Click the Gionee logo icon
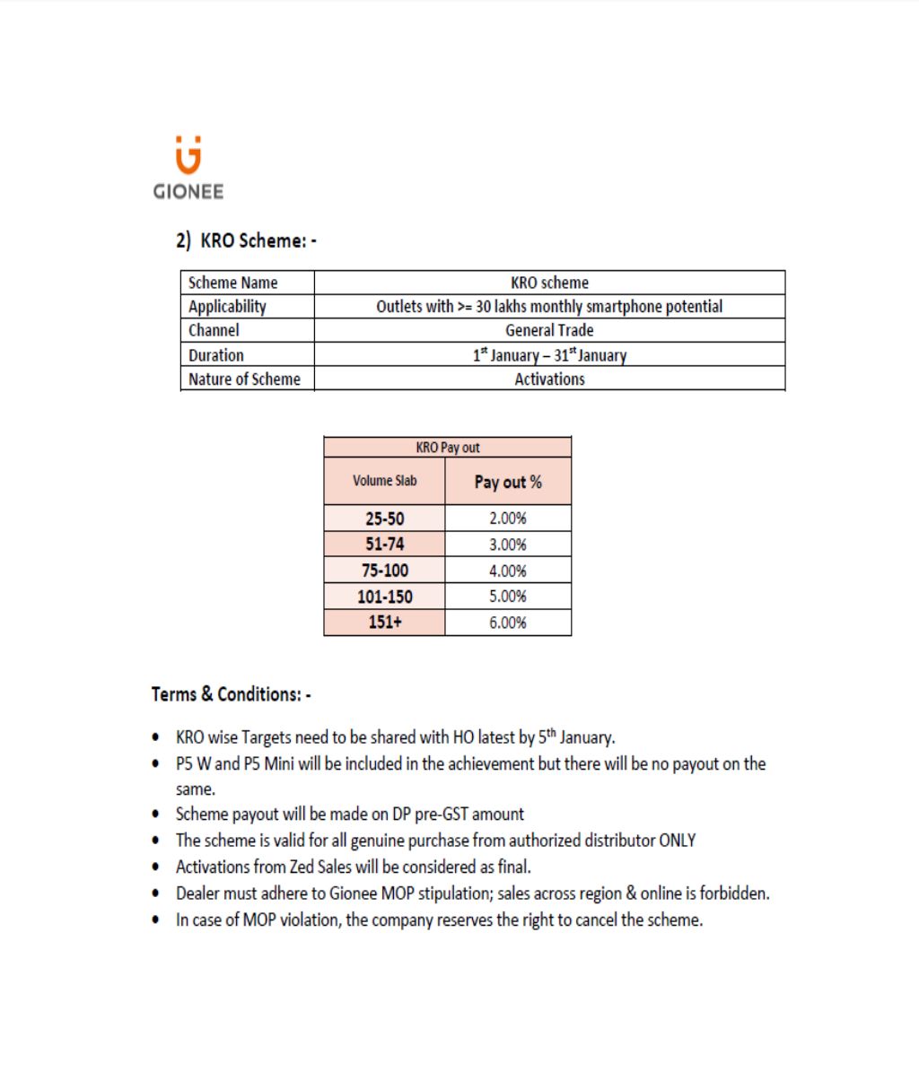click(x=188, y=155)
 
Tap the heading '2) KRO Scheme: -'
click(x=246, y=240)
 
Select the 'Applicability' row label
click(x=227, y=307)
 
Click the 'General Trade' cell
click(x=549, y=330)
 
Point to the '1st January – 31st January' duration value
click(x=549, y=354)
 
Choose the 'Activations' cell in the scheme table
click(x=549, y=379)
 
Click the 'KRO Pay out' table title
click(x=447, y=448)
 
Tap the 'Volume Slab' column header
click(x=384, y=481)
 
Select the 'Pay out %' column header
click(x=508, y=482)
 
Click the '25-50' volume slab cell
click(x=384, y=518)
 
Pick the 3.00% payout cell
click(x=508, y=544)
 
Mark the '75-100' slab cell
click(x=384, y=571)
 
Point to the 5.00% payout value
click(x=508, y=597)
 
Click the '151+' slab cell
click(x=384, y=623)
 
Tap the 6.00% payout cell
click(x=508, y=623)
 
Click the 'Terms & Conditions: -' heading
click(x=231, y=694)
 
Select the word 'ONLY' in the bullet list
click(x=678, y=841)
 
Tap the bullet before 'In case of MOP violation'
click(x=157, y=920)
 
